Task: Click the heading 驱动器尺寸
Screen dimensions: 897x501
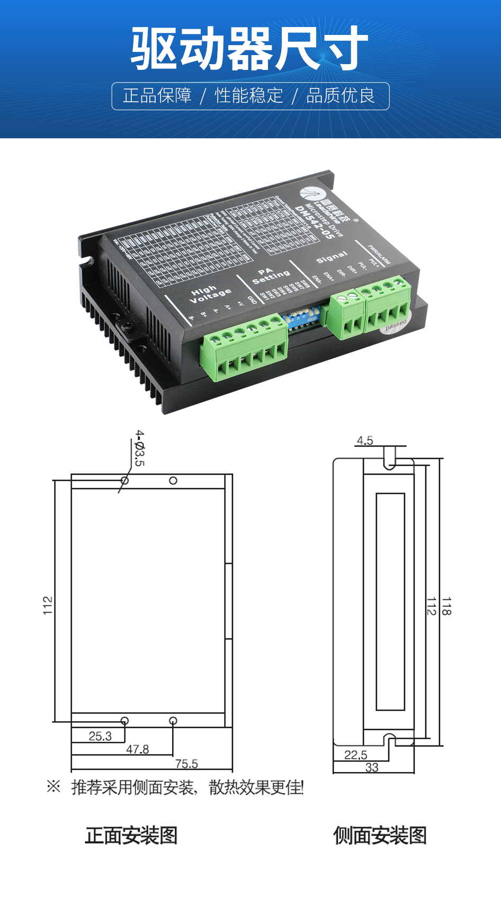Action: (249, 48)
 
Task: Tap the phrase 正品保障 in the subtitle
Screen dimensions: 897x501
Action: (157, 96)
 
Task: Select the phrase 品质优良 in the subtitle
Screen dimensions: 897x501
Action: (341, 96)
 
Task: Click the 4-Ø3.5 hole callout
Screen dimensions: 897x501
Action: (139, 448)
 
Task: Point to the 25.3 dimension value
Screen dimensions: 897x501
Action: (100, 736)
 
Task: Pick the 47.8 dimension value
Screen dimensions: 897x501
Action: (138, 749)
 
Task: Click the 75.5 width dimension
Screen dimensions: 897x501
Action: (186, 763)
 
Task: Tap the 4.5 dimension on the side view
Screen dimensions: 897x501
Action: (365, 440)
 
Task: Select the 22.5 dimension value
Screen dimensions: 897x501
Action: (355, 754)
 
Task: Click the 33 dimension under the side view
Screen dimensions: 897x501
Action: (372, 767)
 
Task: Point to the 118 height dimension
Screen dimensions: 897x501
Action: (446, 606)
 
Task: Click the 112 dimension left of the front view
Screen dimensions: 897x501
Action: (48, 606)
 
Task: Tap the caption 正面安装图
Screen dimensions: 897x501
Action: (131, 836)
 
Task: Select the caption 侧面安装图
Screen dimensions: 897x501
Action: (380, 836)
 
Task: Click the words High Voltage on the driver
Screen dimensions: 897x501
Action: (210, 294)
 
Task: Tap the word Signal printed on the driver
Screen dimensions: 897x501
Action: (332, 257)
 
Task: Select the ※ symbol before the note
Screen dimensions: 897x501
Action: (53, 786)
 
